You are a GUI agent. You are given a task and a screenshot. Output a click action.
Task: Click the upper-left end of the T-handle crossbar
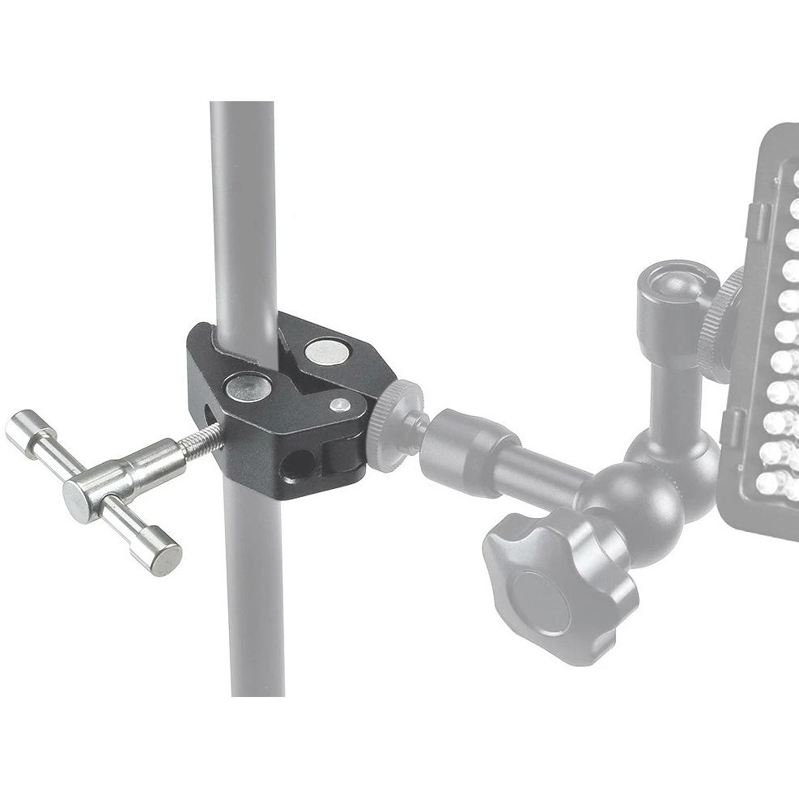23,431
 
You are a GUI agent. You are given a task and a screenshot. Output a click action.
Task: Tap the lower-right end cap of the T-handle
166,559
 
